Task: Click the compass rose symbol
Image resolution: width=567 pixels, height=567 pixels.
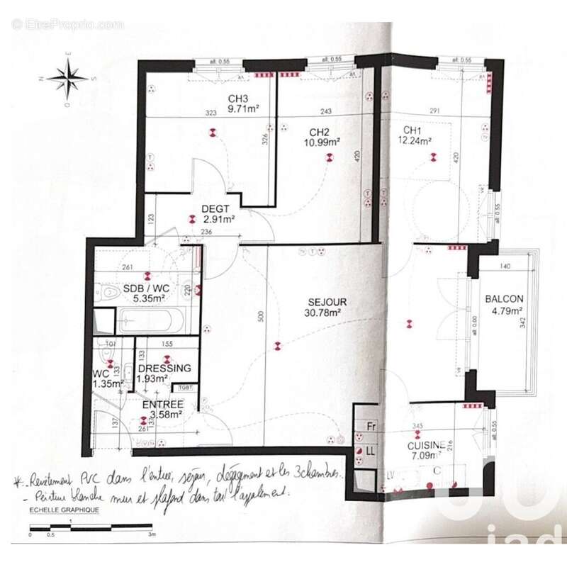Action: (x=68, y=77)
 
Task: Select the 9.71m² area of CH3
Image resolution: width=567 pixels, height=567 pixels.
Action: (x=242, y=109)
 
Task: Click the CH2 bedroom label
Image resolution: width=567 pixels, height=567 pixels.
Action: (x=320, y=131)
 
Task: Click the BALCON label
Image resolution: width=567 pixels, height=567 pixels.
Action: (x=504, y=299)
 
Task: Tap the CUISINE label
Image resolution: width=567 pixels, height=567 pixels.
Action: (x=427, y=445)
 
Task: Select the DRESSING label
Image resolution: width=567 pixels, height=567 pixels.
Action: (x=165, y=369)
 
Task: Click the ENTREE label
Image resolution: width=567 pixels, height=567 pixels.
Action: (x=163, y=404)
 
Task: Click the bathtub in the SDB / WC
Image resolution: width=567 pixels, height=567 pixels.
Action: (x=150, y=320)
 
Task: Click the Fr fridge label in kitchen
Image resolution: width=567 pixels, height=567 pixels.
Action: (x=370, y=427)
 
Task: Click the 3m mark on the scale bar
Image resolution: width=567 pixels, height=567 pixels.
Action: (x=151, y=534)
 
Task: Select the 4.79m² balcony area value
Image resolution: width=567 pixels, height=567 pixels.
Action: (x=504, y=310)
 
